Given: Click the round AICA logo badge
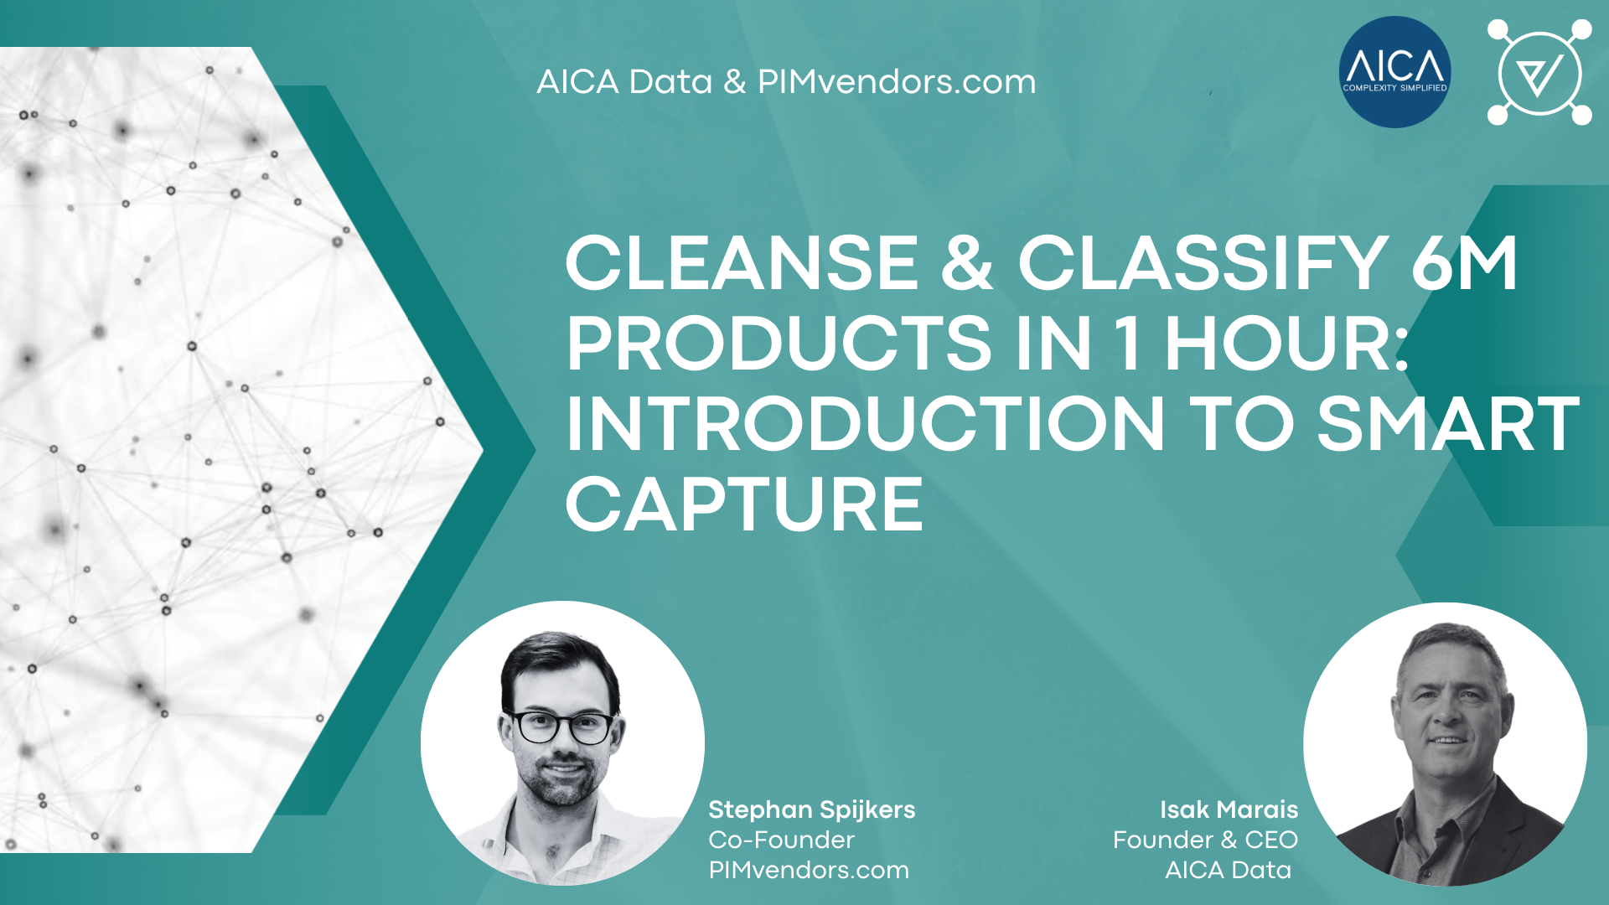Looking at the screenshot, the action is (1394, 72).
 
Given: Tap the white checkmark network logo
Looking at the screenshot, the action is (1539, 72).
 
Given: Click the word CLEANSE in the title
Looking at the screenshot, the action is (743, 263).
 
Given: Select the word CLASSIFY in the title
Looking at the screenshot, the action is (1204, 263).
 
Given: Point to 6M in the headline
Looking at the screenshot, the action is (1464, 263).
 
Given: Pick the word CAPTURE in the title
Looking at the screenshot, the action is (745, 504).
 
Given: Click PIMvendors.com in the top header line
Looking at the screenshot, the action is (897, 82).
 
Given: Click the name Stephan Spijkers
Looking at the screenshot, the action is (812, 809).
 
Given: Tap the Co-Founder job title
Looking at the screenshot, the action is (782, 840).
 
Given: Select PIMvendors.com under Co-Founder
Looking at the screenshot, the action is (809, 870).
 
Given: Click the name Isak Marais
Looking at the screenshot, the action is (1229, 809).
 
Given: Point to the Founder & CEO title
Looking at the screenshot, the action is (1206, 840).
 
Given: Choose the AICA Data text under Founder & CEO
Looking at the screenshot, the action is (1229, 870).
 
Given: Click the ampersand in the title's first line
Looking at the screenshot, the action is (968, 263).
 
